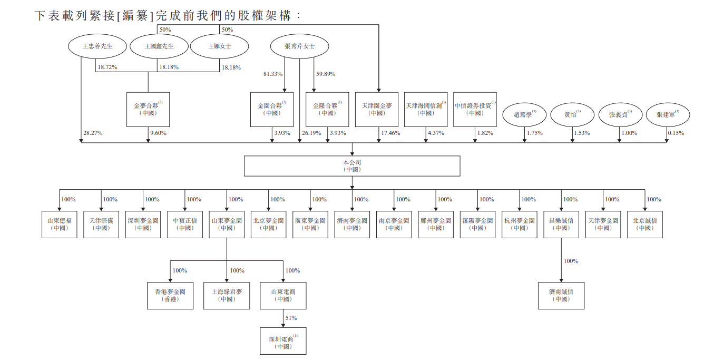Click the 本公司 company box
point(351,166)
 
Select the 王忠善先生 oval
point(97,46)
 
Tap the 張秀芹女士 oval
point(299,46)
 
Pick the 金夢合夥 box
point(148,109)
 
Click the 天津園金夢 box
point(376,109)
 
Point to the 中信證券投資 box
point(475,109)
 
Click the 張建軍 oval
point(668,114)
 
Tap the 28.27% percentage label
point(93,133)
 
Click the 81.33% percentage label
point(273,74)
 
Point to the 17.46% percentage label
point(390,133)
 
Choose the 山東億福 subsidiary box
point(59,224)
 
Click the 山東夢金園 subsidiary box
point(227,224)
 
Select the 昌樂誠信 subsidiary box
point(561,224)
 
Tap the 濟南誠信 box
point(561,295)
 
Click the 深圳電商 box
point(283,340)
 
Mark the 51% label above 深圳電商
point(291,318)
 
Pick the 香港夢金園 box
point(170,295)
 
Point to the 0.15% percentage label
point(676,133)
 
